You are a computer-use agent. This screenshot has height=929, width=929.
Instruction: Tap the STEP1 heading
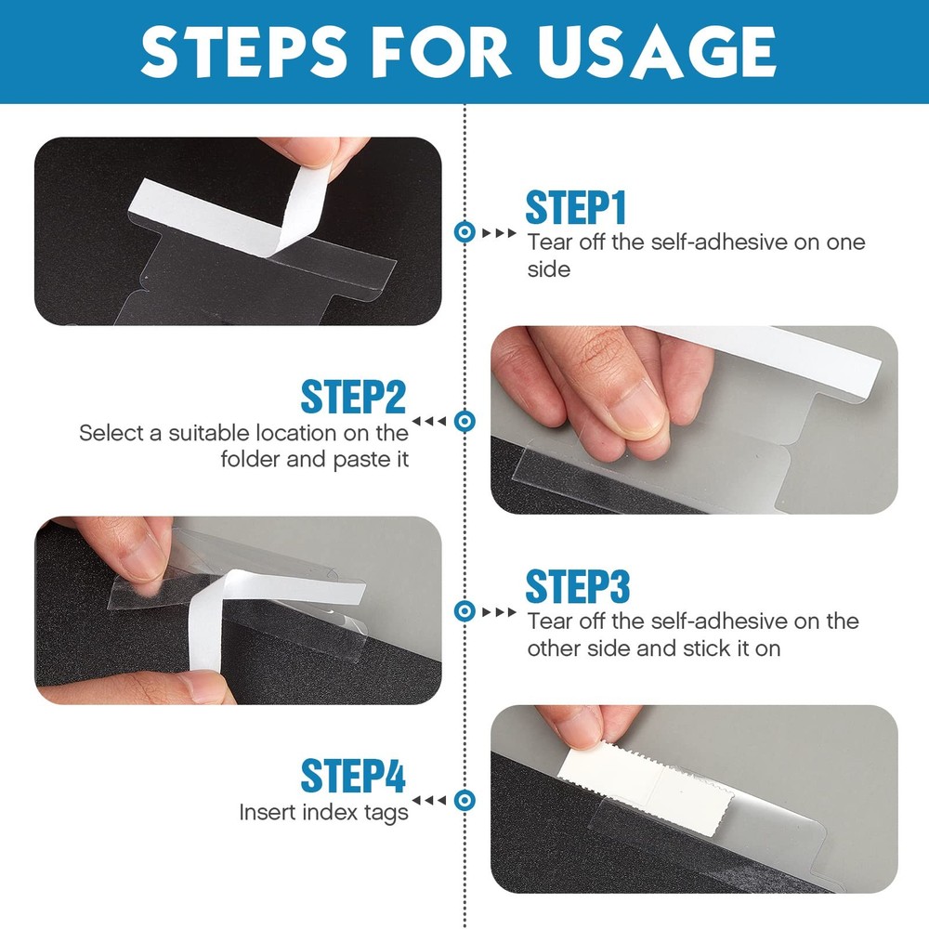[x=576, y=208]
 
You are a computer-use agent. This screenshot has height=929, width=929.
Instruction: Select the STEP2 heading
[x=353, y=398]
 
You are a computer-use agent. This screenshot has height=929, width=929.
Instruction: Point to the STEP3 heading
[x=577, y=587]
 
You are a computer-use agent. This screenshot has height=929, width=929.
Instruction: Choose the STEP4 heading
[x=353, y=777]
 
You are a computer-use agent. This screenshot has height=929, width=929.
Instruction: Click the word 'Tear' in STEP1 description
[x=549, y=243]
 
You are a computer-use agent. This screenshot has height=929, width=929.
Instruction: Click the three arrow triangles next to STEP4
[x=428, y=800]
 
